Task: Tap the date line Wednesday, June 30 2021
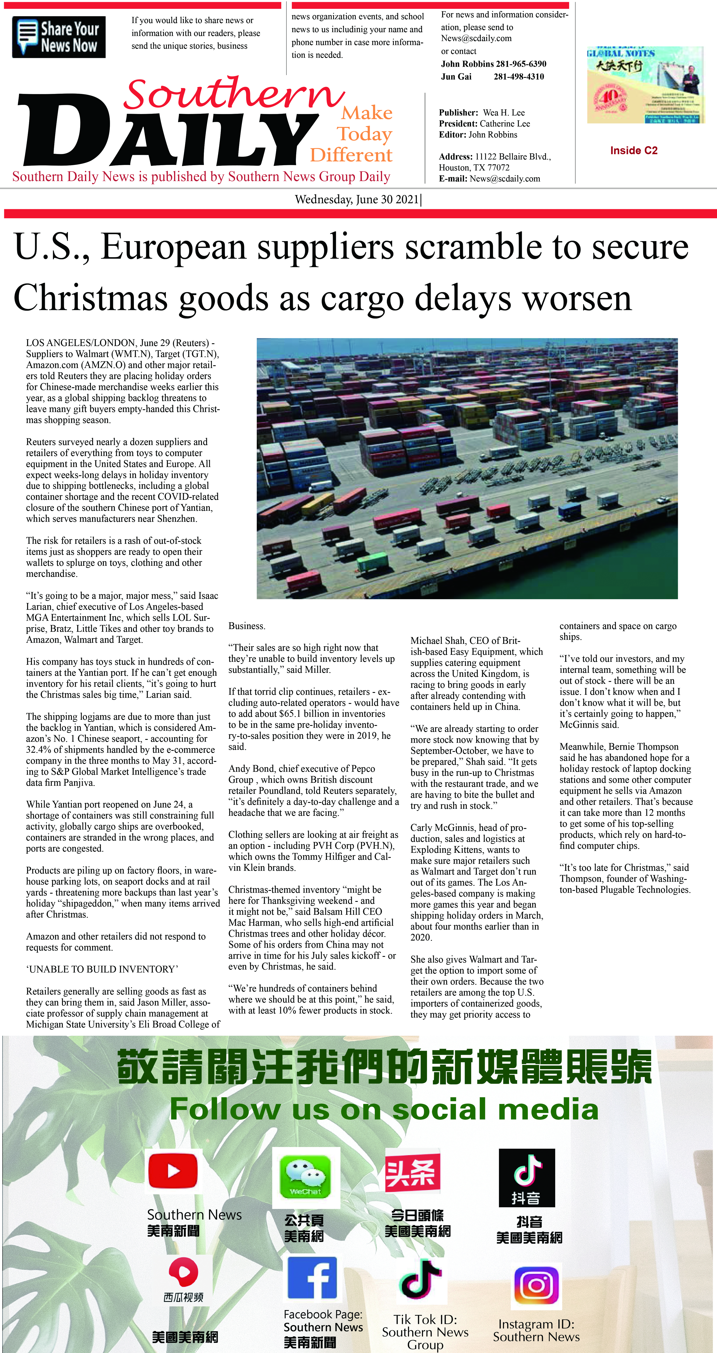click(x=357, y=200)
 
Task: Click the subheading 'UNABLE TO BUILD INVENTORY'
click(x=102, y=969)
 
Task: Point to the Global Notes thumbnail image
click(x=645, y=85)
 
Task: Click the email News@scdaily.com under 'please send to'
click(x=476, y=38)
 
